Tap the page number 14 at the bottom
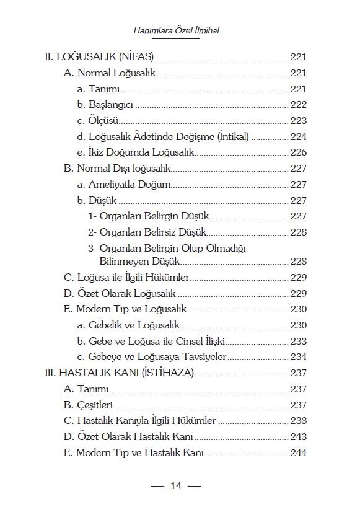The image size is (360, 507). (x=175, y=485)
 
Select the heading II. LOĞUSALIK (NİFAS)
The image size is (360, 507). (x=99, y=57)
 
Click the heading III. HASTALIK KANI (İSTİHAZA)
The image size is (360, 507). (x=120, y=373)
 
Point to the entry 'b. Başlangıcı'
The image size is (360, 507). (x=105, y=105)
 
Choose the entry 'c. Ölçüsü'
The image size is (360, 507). (x=98, y=120)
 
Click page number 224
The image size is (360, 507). (x=298, y=136)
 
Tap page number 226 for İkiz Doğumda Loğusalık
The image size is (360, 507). (x=298, y=152)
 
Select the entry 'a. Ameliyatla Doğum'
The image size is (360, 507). (x=123, y=184)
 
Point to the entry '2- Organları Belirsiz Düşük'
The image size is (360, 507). (x=146, y=232)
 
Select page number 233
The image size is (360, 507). (x=298, y=341)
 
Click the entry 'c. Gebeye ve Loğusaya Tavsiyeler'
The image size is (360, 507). (x=151, y=356)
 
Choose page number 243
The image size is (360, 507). (x=298, y=436)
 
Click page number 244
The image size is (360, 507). (x=298, y=452)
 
